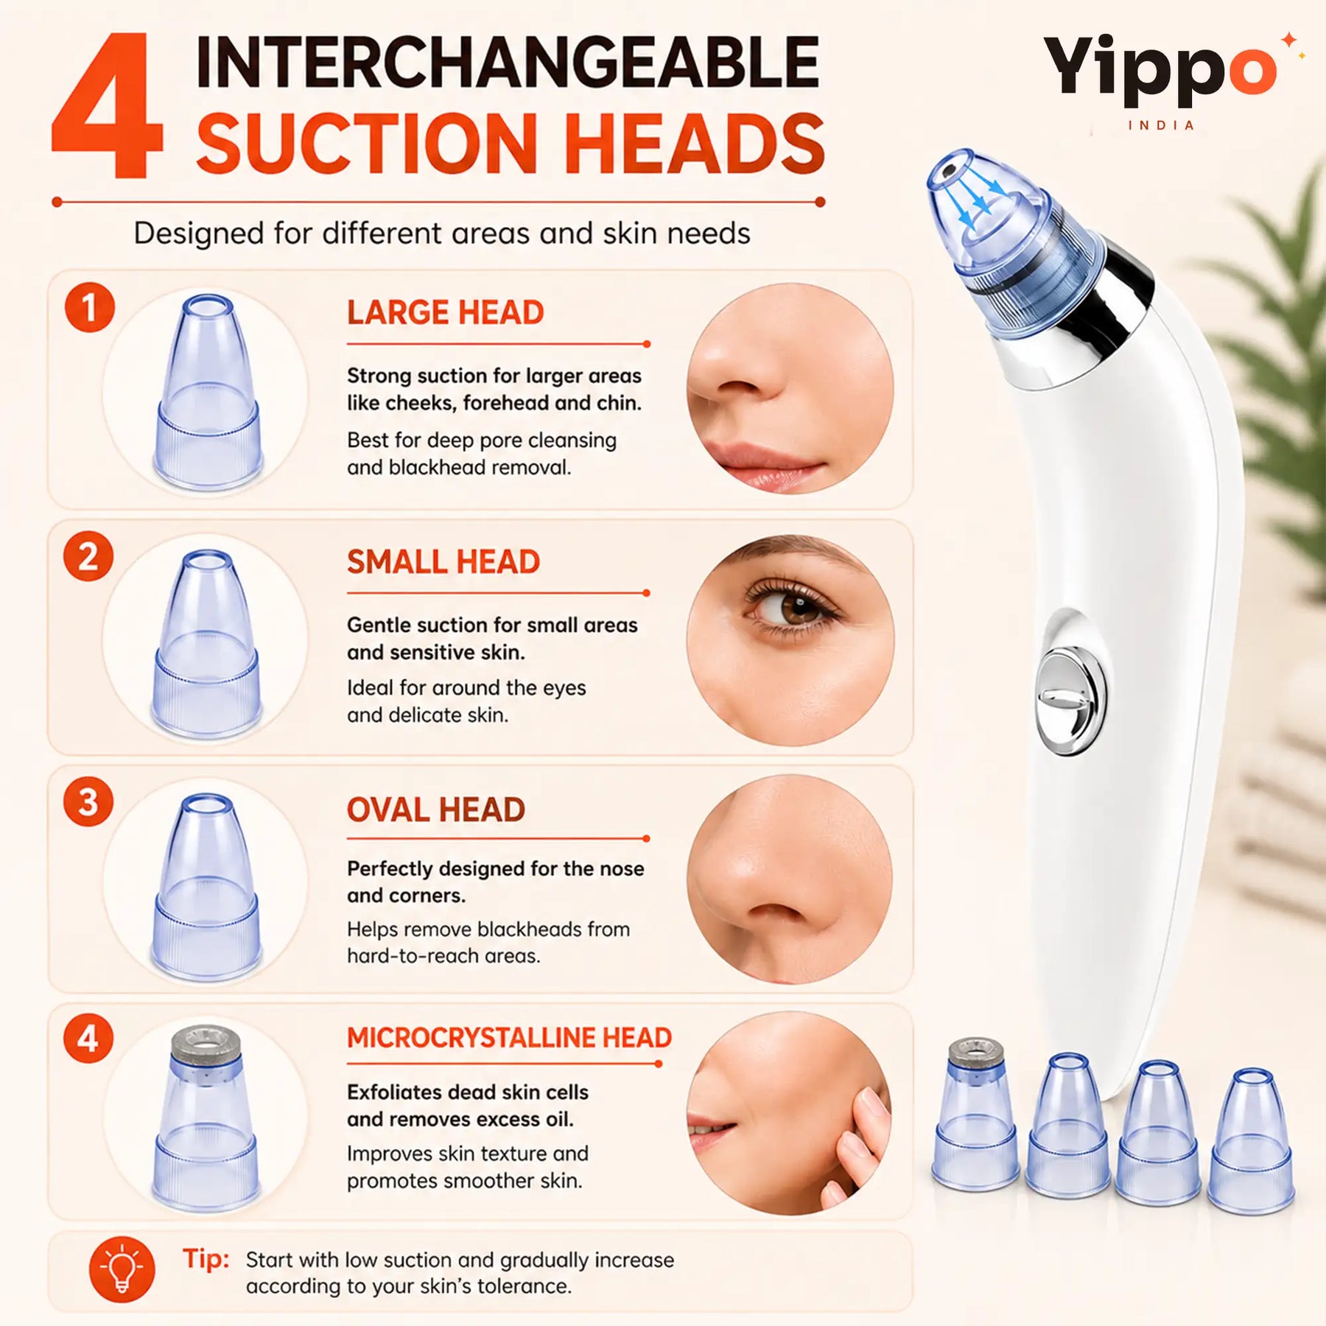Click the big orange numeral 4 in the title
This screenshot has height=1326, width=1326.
(107, 105)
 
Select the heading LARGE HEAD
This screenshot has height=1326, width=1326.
(446, 312)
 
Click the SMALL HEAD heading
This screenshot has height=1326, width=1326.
(443, 562)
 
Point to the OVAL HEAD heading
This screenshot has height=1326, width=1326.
(436, 810)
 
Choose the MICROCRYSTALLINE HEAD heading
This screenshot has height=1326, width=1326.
(509, 1037)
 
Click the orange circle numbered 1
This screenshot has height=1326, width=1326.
(89, 307)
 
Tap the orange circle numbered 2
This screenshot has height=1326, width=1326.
(88, 556)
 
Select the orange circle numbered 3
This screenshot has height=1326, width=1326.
(88, 802)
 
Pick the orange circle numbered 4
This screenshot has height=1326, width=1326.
(88, 1039)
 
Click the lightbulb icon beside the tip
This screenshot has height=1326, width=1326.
(122, 1269)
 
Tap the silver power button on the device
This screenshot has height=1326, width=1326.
(1071, 701)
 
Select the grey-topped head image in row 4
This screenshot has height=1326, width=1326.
(206, 1119)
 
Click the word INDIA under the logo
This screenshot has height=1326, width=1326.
(1161, 125)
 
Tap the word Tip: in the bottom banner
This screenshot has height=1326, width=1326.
(206, 1259)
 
